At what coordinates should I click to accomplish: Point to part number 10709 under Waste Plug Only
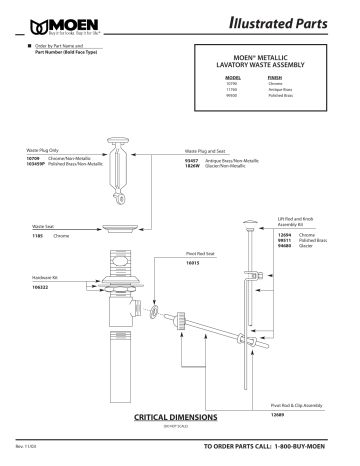31,158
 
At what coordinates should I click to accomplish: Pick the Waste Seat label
43,227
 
